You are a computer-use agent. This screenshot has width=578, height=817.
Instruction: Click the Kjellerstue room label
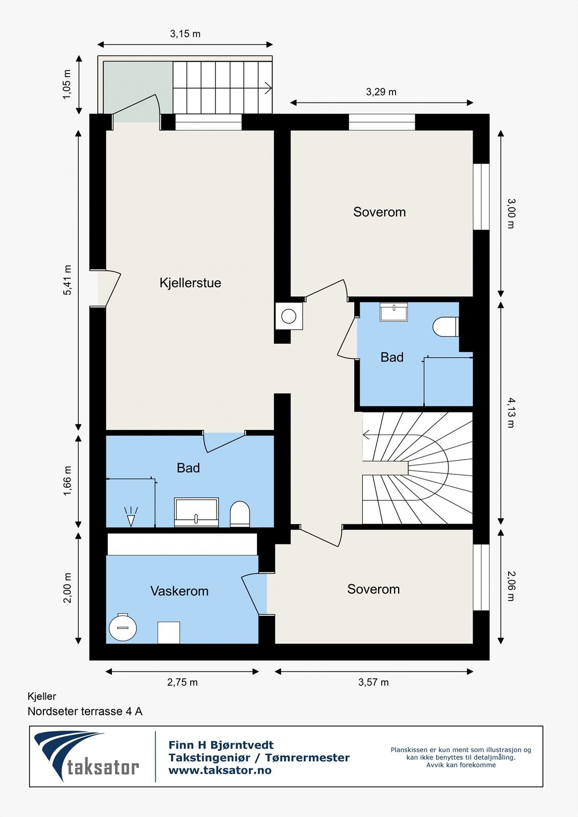click(x=190, y=283)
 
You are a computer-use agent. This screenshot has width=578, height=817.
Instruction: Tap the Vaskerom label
click(x=179, y=591)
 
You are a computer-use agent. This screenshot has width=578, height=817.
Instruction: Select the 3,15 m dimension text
click(x=185, y=34)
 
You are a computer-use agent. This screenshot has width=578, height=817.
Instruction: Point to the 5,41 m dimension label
click(x=67, y=280)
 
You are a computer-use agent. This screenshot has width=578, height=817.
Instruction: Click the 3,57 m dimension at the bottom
click(x=374, y=682)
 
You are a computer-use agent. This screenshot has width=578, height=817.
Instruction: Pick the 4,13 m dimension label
click(x=511, y=413)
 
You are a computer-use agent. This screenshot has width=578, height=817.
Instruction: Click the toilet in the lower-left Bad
click(x=240, y=513)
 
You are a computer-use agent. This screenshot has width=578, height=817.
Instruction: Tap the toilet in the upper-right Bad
click(x=445, y=327)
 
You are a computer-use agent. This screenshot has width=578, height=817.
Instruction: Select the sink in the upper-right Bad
click(x=394, y=311)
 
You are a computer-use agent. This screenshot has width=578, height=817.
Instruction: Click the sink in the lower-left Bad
click(x=196, y=512)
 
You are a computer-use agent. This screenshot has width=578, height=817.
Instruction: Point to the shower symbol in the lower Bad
click(x=131, y=516)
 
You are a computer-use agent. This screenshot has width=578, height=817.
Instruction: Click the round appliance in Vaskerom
click(x=123, y=627)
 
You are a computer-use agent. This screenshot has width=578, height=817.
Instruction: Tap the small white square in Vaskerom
click(x=168, y=632)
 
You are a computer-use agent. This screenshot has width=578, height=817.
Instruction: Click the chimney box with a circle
click(x=289, y=316)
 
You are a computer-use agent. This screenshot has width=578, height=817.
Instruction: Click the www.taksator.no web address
click(x=220, y=771)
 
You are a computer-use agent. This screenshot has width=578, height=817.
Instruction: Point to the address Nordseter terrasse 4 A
click(x=85, y=711)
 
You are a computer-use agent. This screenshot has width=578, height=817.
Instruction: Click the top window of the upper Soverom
click(x=382, y=122)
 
